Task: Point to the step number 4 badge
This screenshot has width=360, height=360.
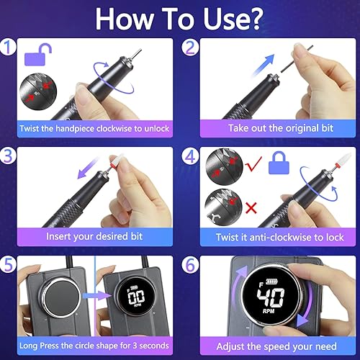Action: pyautogui.click(x=191, y=155)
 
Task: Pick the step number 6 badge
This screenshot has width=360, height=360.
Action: pyautogui.click(x=191, y=264)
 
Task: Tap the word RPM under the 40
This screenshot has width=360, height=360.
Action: pyautogui.click(x=276, y=315)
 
